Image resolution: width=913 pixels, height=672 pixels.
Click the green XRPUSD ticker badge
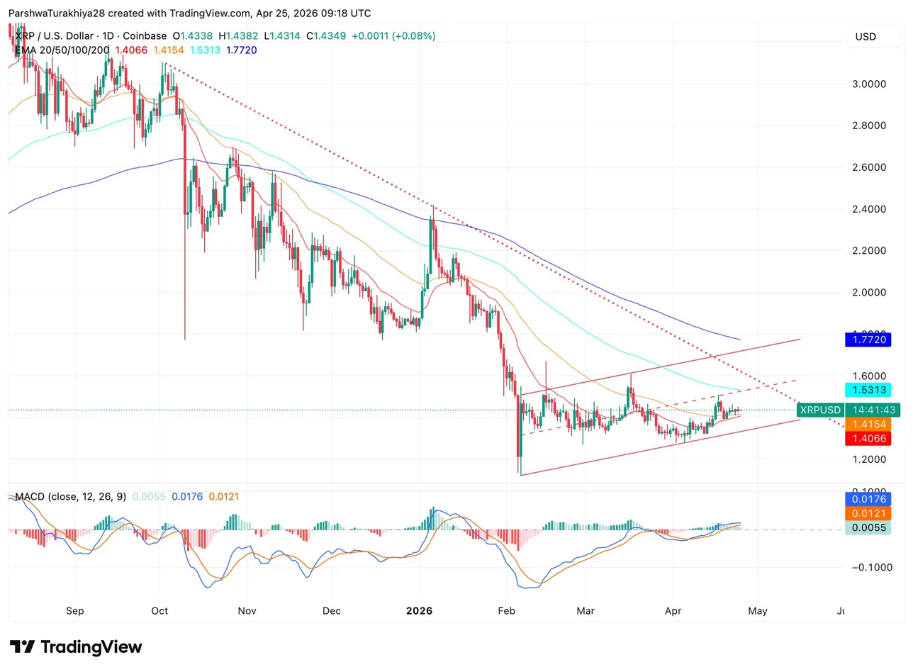(819, 410)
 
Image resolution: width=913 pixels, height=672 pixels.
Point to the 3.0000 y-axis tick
(869, 84)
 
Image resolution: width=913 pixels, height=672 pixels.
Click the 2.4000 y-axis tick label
(869, 209)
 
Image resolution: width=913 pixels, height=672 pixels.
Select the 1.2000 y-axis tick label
(869, 459)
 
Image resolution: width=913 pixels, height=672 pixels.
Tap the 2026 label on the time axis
(419, 610)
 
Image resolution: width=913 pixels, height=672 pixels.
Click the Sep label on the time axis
(74, 610)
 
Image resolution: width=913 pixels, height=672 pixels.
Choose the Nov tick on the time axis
(247, 610)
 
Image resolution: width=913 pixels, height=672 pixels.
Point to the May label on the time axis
(758, 610)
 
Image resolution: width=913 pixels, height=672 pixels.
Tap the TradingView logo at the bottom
(77, 646)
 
